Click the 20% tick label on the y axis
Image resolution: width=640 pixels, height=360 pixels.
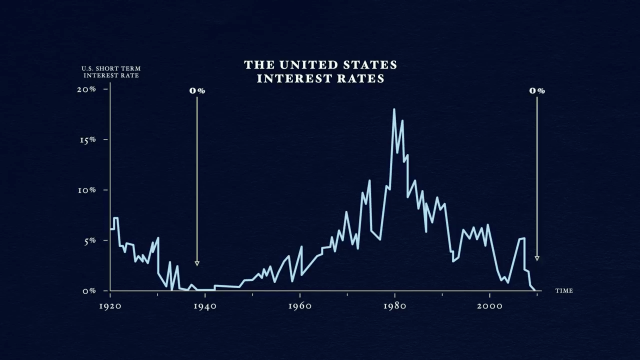point(86,89)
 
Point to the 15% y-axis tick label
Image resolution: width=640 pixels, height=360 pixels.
point(87,139)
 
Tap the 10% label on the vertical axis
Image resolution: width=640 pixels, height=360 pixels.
point(86,190)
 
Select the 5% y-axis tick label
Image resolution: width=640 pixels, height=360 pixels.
point(89,240)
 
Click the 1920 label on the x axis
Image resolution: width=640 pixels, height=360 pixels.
point(109,306)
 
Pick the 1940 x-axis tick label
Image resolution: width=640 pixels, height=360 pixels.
point(204,306)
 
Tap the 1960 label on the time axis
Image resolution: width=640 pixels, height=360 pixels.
point(299,306)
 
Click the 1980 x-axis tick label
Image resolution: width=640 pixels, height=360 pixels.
point(394,306)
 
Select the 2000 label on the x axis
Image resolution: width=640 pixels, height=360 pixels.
point(489,306)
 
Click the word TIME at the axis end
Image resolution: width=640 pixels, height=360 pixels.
point(564,290)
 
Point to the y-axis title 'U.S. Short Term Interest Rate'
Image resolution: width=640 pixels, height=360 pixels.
point(111,71)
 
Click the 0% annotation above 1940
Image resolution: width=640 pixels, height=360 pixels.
point(197,90)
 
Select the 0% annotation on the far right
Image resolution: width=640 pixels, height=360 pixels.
point(537,90)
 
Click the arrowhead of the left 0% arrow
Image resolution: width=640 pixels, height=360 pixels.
point(197,263)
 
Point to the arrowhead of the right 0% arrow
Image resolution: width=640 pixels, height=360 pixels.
point(537,258)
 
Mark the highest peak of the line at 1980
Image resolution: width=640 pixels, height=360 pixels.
point(394,109)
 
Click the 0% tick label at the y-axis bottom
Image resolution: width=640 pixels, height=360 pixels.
point(89,291)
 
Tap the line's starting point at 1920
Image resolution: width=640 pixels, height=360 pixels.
point(110,229)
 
